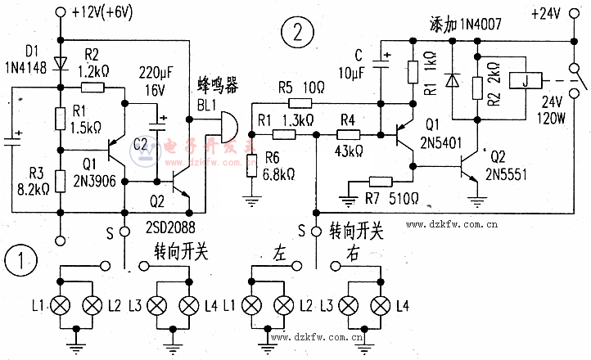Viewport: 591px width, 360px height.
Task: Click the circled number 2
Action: click(x=296, y=34)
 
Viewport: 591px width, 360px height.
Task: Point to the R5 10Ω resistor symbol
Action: click(x=300, y=102)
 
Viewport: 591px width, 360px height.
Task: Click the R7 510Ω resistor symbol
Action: click(x=381, y=182)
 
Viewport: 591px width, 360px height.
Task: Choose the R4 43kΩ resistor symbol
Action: click(x=347, y=133)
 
